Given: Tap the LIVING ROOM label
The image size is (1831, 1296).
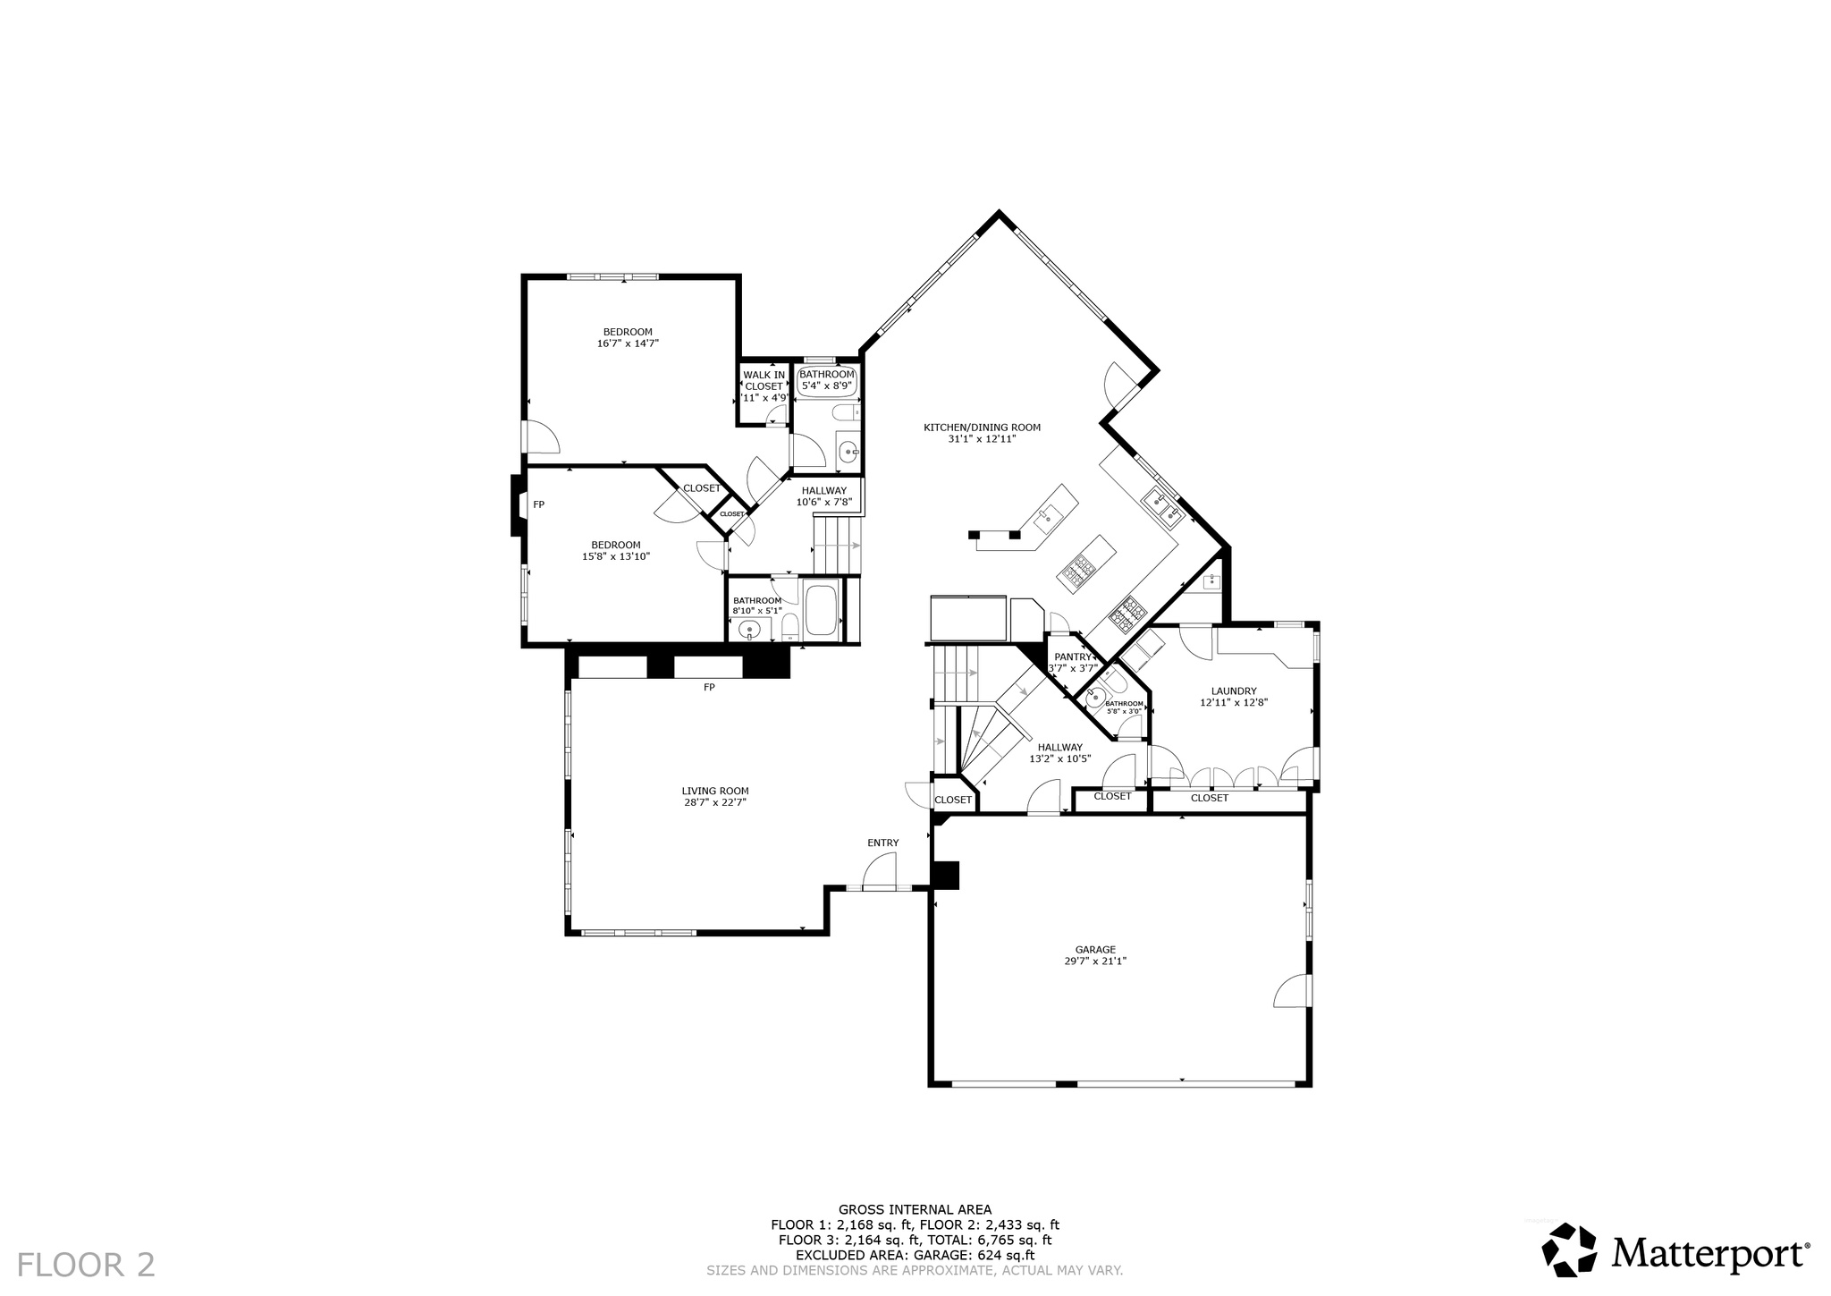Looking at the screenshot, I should pyautogui.click(x=714, y=791).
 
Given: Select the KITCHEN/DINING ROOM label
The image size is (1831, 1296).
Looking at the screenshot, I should pyautogui.click(x=982, y=428).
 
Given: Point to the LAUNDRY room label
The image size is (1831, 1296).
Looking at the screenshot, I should pyautogui.click(x=1234, y=691).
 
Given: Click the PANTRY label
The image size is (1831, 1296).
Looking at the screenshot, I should pyautogui.click(x=1072, y=656).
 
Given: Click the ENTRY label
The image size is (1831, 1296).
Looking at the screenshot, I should pyautogui.click(x=882, y=843).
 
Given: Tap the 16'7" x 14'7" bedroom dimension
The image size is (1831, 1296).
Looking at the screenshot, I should pyautogui.click(x=628, y=343).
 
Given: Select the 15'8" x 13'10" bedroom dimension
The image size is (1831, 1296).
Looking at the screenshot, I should pyautogui.click(x=615, y=556).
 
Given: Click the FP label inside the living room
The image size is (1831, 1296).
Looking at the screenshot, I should pyautogui.click(x=709, y=687).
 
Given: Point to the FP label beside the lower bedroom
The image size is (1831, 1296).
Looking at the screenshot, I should pyautogui.click(x=539, y=504).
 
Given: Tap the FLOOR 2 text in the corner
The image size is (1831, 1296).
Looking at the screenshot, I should pyautogui.click(x=86, y=1265).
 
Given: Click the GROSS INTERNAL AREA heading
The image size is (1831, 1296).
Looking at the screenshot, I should pyautogui.click(x=915, y=1210).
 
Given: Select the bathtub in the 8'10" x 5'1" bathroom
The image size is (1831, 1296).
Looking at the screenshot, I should pyautogui.click(x=822, y=610).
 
